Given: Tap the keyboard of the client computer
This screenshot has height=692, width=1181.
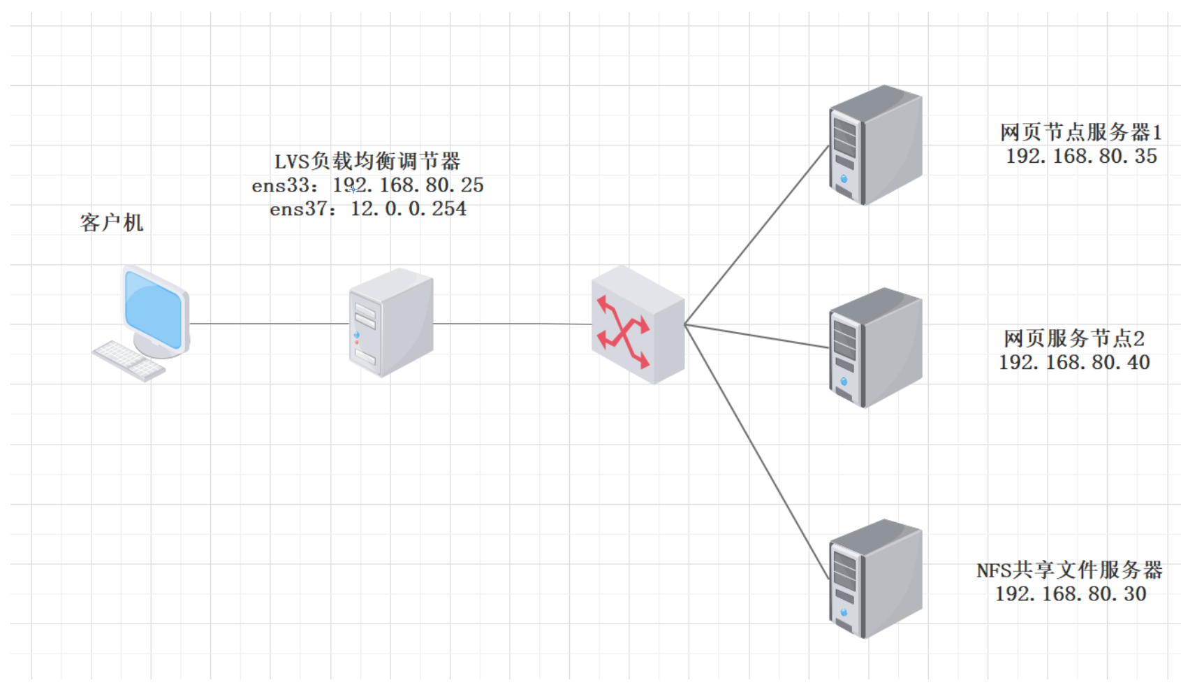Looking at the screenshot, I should [x=129, y=361].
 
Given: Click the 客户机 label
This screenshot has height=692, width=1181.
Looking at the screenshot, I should [x=112, y=223].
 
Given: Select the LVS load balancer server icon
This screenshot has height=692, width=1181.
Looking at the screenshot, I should [x=391, y=323].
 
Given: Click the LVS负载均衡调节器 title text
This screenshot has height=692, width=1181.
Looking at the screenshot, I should [x=367, y=161].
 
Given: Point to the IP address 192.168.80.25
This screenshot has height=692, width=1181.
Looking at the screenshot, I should [x=408, y=185].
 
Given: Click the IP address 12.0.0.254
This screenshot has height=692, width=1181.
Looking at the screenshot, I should [x=408, y=209].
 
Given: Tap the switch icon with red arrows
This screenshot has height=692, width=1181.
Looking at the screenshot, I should [x=637, y=325].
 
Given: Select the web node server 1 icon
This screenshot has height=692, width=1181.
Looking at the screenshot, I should [x=875, y=145].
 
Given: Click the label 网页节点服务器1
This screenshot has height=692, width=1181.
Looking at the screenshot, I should [x=1080, y=132].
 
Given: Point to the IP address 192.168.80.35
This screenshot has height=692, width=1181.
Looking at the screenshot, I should [x=1081, y=156].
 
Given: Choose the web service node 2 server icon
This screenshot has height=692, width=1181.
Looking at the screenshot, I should [x=875, y=347].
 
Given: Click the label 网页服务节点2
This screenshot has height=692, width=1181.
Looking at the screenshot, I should [x=1074, y=339].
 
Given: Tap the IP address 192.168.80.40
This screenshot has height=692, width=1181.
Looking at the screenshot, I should [x=1074, y=362].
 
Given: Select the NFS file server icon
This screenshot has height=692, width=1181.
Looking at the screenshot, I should [x=875, y=579].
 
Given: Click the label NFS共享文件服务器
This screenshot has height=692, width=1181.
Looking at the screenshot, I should [x=1069, y=570].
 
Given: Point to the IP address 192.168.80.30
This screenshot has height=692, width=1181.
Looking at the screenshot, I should [x=1071, y=594].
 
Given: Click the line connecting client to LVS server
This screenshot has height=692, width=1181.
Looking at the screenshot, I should [x=269, y=324].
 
